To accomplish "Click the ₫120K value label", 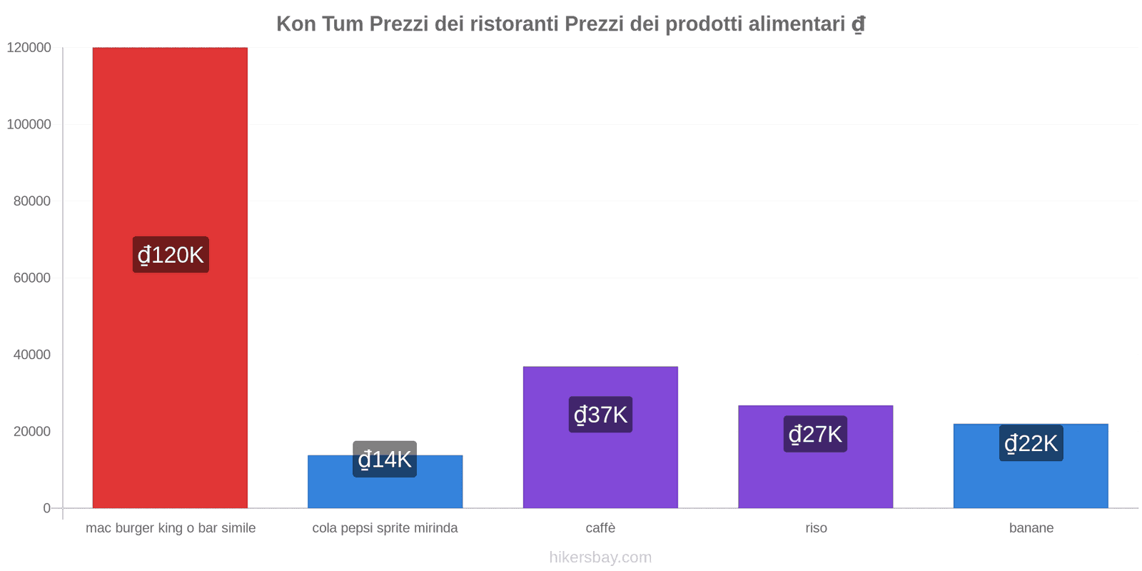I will pyautogui.click(x=171, y=255).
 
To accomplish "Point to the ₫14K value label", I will pyautogui.click(x=385, y=459).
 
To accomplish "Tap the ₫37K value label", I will pyautogui.click(x=600, y=415).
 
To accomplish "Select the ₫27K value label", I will pyautogui.click(x=815, y=434).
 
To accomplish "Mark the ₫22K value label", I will pyautogui.click(x=1031, y=443).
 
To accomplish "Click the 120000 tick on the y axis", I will pyautogui.click(x=29, y=48).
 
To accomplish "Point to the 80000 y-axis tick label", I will pyautogui.click(x=32, y=201).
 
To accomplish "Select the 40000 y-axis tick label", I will pyautogui.click(x=32, y=355).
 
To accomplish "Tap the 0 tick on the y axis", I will pyautogui.click(x=46, y=508).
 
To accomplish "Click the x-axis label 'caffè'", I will pyautogui.click(x=600, y=528).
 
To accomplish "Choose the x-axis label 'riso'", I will pyautogui.click(x=816, y=528).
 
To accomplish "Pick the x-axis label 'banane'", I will pyautogui.click(x=1031, y=528).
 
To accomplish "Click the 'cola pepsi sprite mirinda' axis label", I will pyautogui.click(x=385, y=528).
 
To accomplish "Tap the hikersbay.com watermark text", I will pyautogui.click(x=600, y=557).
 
